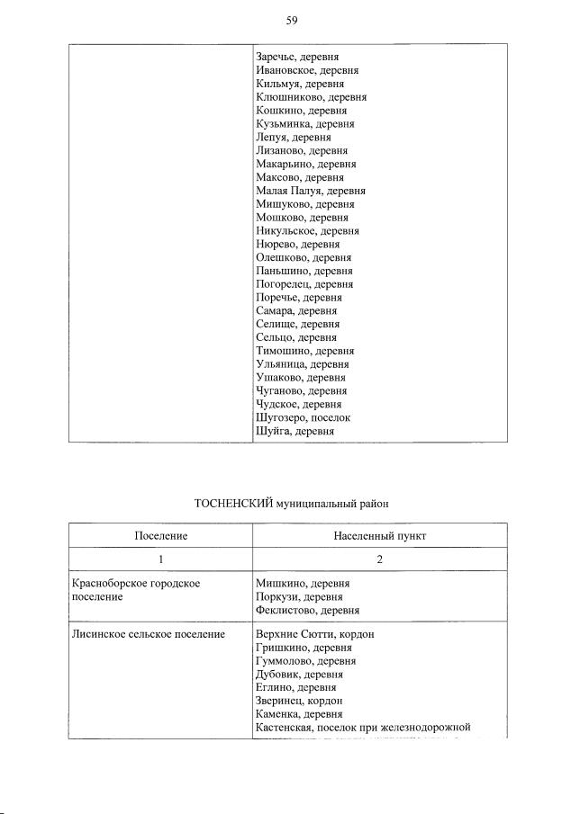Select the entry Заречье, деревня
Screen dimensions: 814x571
297,57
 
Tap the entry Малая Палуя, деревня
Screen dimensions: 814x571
311,191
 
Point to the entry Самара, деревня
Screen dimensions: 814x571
297,310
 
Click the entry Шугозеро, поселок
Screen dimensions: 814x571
304,418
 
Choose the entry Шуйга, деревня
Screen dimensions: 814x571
295,432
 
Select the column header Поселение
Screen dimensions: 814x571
161,536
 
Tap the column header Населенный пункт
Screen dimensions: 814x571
379,536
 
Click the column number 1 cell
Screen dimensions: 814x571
161,560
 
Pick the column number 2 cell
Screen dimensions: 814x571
379,560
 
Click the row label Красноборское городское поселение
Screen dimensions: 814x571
135,590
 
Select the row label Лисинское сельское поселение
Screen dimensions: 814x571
148,634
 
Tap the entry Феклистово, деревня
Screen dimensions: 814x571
308,611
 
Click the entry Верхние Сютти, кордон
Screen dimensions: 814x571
314,634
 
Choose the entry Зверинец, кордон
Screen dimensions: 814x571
300,701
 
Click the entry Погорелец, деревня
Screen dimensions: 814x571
304,284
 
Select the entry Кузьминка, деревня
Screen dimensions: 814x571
305,124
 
